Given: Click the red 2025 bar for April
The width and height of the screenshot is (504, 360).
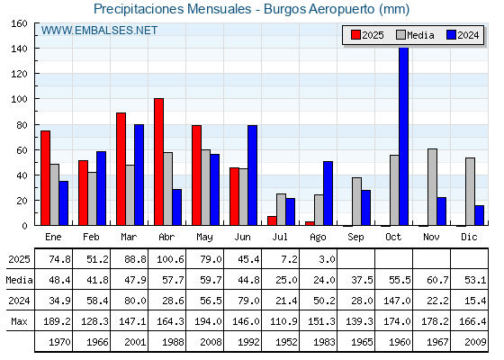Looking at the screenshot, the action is (158, 162).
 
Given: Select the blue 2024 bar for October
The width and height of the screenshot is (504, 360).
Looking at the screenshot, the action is (404, 136).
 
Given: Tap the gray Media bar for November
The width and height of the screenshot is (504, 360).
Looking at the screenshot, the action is (432, 187).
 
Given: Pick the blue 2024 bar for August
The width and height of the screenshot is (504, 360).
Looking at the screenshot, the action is (328, 193).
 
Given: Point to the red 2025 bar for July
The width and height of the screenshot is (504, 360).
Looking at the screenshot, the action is (272, 220).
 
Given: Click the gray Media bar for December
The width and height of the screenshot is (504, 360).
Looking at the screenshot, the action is (470, 192).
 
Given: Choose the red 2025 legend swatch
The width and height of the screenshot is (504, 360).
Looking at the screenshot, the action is (355, 35).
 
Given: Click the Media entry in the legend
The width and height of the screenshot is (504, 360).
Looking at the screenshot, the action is (415, 35).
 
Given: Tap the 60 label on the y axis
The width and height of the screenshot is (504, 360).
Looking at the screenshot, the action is (22, 150).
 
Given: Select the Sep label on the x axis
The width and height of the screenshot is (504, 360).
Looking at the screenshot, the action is (355, 238).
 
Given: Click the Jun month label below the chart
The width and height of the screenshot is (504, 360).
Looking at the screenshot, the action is (242, 238).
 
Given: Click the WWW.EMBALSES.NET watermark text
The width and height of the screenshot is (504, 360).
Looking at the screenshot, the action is (99, 31).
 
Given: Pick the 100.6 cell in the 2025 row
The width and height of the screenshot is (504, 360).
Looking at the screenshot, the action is (170, 259).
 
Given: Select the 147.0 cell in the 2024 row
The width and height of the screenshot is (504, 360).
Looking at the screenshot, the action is (397, 301).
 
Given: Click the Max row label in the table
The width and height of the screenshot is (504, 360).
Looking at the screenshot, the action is (19, 321).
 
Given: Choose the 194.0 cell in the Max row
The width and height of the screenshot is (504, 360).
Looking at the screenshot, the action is (208, 321).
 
